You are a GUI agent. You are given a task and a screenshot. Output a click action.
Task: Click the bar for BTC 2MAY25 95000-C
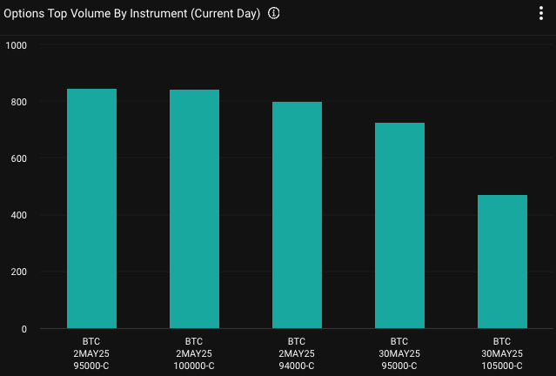91,209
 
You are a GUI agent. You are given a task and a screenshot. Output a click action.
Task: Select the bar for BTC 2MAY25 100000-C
194,209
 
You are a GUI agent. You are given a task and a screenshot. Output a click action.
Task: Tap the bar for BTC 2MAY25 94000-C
297,215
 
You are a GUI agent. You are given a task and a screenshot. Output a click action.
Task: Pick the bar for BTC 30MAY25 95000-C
399,225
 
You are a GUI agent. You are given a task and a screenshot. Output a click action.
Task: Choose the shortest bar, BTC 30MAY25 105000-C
502,261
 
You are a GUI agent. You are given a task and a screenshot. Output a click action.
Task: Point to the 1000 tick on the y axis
17,45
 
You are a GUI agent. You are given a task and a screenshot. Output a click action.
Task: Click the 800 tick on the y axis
19,102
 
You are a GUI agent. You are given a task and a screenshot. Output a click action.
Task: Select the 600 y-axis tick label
19,158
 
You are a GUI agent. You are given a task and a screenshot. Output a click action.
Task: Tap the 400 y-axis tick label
19,215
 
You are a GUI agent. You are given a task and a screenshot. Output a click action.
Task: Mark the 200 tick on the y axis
19,272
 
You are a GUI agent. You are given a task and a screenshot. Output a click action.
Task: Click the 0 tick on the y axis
24,329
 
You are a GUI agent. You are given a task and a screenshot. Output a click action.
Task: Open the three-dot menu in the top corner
540,13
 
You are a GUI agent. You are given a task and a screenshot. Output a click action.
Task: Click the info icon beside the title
274,14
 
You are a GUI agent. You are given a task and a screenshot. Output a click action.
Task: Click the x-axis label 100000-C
194,366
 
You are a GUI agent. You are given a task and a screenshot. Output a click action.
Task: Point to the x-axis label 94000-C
297,366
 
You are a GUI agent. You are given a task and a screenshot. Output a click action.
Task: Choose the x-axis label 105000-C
502,366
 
